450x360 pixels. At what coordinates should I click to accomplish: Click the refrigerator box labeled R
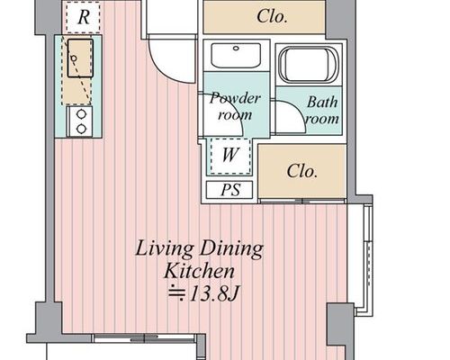point(83,17)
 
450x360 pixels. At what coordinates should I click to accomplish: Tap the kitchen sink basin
point(80,58)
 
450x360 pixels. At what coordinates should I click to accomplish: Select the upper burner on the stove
point(81,114)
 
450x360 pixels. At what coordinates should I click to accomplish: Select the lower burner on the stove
point(81,129)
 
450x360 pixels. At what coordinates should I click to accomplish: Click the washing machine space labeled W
point(230,156)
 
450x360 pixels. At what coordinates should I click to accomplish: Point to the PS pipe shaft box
point(229,190)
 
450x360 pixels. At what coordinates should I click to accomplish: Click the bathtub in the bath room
point(310,65)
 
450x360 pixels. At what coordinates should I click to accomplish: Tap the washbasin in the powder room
point(236,56)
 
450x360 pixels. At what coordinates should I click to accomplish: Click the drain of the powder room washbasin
point(236,49)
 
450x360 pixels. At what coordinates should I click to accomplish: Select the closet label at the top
point(272,16)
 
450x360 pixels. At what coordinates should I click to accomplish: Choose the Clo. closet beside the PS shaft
point(301,171)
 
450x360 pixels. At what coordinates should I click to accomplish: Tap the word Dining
point(231,249)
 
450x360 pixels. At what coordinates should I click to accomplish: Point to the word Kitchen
point(199,271)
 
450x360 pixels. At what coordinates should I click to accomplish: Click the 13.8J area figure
point(215,293)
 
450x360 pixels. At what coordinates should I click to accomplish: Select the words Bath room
point(322,111)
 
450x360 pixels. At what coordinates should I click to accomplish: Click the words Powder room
point(235,106)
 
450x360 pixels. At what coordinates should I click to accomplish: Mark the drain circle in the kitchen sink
point(74,58)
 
